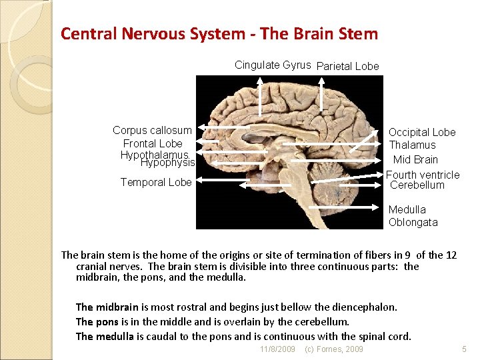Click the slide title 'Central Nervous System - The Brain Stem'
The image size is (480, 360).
(219, 33)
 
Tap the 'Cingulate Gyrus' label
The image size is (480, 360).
(273, 65)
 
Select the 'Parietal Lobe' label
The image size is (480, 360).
(347, 66)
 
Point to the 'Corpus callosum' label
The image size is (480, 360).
(152, 130)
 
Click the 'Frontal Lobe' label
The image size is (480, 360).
(153, 143)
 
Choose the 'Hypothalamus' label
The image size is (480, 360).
(155, 155)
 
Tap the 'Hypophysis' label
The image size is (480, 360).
(167, 163)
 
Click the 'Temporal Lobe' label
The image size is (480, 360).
(156, 182)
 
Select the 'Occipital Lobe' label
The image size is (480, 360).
(422, 132)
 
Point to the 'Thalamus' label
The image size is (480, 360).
(412, 145)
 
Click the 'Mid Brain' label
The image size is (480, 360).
(415, 159)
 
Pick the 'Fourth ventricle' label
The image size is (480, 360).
(423, 175)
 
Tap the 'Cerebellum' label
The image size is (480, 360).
(417, 185)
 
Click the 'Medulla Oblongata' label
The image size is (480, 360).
(413, 216)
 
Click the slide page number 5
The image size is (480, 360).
(465, 349)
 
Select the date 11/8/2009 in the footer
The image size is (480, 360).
(277, 349)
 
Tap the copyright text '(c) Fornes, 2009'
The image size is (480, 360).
(333, 349)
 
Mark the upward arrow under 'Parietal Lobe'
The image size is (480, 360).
(321, 93)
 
